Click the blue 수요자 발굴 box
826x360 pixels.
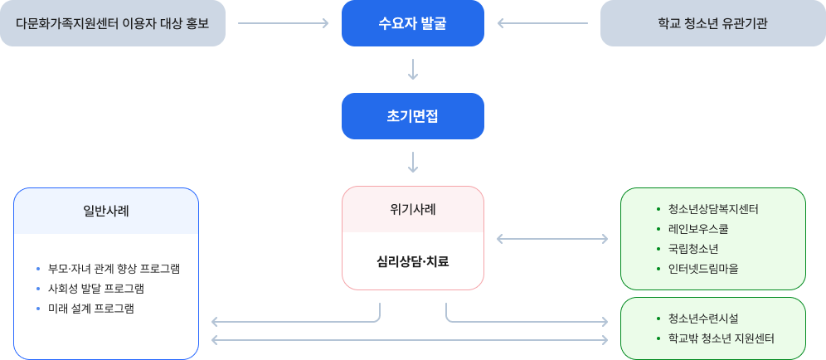pyautogui.click(x=412, y=23)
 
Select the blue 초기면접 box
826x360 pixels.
pyautogui.click(x=412, y=116)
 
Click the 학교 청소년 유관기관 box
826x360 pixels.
pyautogui.click(x=712, y=23)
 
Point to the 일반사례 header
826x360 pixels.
pyautogui.click(x=106, y=211)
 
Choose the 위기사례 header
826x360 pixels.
pyautogui.click(x=412, y=209)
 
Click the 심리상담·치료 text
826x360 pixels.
pyautogui.click(x=412, y=261)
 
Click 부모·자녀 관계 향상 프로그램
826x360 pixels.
pyautogui.click(x=114, y=270)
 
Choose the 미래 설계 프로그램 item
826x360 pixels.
pyautogui.click(x=91, y=309)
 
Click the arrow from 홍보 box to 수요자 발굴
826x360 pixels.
pyautogui.click(x=283, y=23)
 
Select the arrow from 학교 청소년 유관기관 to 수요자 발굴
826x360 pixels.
pyautogui.click(x=542, y=23)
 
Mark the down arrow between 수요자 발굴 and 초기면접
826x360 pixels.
pyautogui.click(x=412, y=70)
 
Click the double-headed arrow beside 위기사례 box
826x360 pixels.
pyautogui.click(x=551, y=240)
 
